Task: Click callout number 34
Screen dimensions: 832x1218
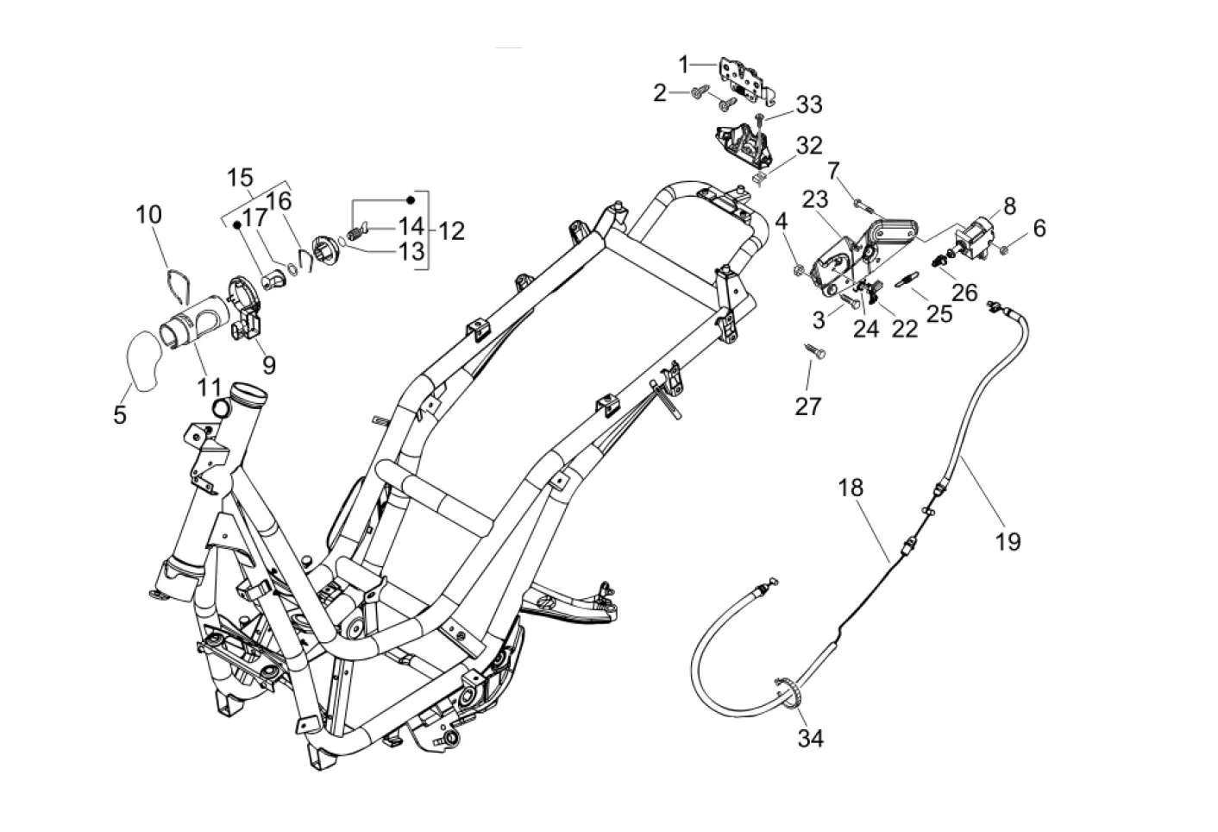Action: click(x=810, y=739)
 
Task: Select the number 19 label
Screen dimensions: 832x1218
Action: click(x=1008, y=541)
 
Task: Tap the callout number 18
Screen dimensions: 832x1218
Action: click(x=851, y=488)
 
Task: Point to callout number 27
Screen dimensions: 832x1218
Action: click(x=808, y=405)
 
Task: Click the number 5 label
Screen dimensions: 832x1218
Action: click(x=120, y=415)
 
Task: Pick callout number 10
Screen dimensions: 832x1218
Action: click(x=149, y=214)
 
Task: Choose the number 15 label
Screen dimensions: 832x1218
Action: click(x=241, y=178)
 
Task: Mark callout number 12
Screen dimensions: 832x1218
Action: click(x=450, y=230)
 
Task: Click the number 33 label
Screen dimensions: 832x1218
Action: click(x=809, y=104)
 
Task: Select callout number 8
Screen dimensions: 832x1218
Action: click(x=1009, y=206)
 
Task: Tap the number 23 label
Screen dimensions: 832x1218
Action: click(x=815, y=199)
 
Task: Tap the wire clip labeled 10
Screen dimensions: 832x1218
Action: click(x=176, y=283)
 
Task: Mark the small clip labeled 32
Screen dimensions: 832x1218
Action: click(x=758, y=180)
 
